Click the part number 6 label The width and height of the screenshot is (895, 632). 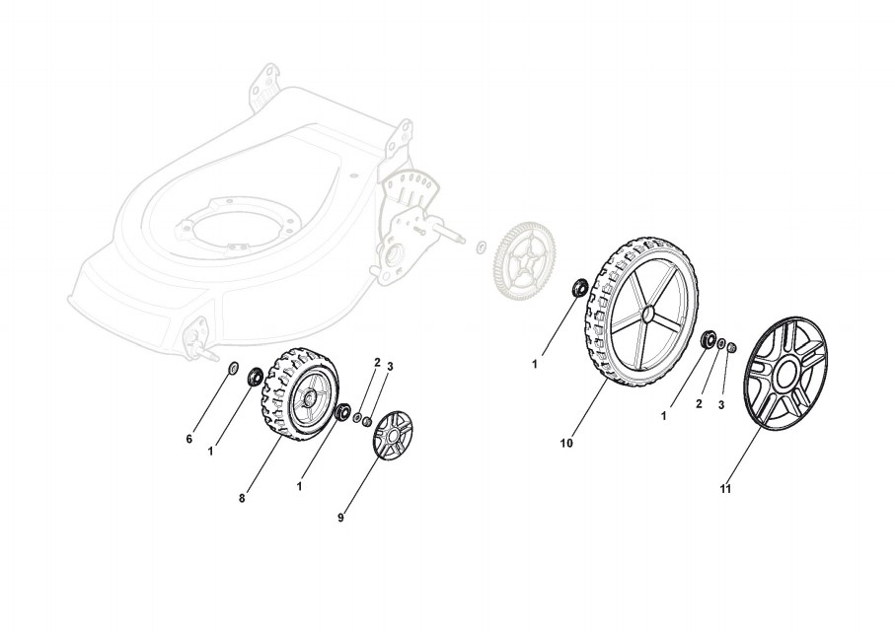(x=189, y=439)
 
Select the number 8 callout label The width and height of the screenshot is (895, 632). (x=242, y=498)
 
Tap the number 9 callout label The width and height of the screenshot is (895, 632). (x=340, y=517)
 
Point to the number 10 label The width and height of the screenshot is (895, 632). (x=566, y=444)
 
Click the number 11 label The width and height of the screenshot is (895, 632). (x=725, y=488)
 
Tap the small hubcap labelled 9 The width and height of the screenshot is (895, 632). (x=396, y=433)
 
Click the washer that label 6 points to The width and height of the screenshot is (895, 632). (x=234, y=370)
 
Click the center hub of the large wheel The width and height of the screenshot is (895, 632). (x=648, y=315)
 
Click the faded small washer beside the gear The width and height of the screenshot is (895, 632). (x=480, y=246)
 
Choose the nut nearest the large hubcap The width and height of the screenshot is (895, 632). (x=729, y=348)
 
